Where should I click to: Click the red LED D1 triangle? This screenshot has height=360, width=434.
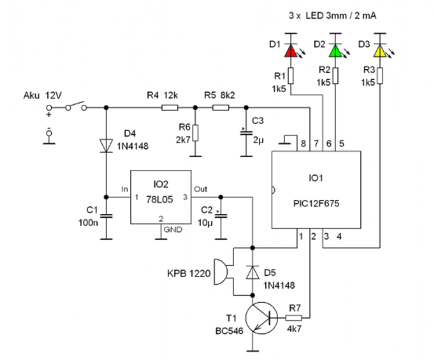tap(290, 51)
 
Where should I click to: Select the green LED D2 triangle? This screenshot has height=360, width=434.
tap(335, 51)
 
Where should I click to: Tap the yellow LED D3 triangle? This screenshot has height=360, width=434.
tap(380, 51)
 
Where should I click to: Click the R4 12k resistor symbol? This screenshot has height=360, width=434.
tap(170, 107)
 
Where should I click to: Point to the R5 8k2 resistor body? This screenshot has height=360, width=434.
tap(221, 107)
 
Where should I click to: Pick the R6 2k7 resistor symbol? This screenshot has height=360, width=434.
tap(195, 133)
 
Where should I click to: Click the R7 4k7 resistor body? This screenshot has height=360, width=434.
tap(294, 318)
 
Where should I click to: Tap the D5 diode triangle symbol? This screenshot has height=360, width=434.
tap(253, 272)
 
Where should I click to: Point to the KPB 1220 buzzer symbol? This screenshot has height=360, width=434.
tap(221, 272)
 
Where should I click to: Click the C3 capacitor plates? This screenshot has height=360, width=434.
tap(246, 133)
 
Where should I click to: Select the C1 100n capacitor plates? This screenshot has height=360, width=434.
tap(106, 216)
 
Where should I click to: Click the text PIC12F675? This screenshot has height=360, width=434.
tap(316, 204)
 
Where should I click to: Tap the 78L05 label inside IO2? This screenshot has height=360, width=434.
tap(159, 199)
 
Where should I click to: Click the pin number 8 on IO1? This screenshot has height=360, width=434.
tap(304, 144)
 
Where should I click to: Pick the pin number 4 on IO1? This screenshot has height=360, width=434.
tap(339, 237)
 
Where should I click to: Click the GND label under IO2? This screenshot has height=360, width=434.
tap(173, 230)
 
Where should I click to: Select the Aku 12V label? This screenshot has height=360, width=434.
tap(42, 96)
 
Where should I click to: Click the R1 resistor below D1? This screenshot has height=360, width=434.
tap(290, 75)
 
